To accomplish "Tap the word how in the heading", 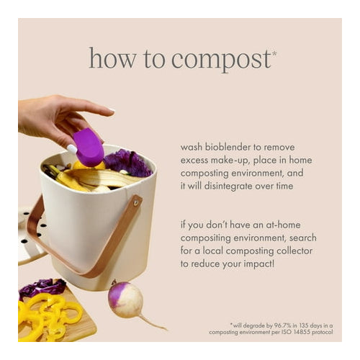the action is coord(112,58).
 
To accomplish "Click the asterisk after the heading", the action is coord(274,53).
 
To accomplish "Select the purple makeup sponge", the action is coord(89,147).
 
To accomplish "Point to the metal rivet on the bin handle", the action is coord(136,203).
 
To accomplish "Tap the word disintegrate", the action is coord(228,186).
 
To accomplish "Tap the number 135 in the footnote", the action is coord(304,325).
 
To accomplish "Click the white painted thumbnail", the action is coord(72,148).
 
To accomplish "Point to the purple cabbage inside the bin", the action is coord(127,162).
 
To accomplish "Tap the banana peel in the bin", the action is coord(101,179).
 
